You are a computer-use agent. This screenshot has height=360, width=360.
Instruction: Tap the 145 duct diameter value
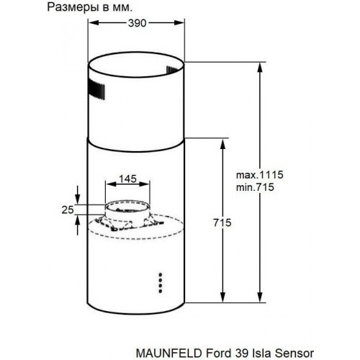click(x=128, y=178)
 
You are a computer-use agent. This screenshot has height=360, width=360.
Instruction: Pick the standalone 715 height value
click(x=222, y=224)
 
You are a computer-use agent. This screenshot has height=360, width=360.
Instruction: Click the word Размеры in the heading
click(x=78, y=6)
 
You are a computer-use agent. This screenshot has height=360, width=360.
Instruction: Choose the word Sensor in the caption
click(x=294, y=352)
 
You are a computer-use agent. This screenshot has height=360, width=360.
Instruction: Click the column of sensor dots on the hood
click(x=159, y=282)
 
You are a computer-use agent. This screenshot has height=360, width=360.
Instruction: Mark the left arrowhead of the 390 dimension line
click(x=91, y=22)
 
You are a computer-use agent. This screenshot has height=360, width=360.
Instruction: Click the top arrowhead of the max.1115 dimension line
click(x=258, y=66)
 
